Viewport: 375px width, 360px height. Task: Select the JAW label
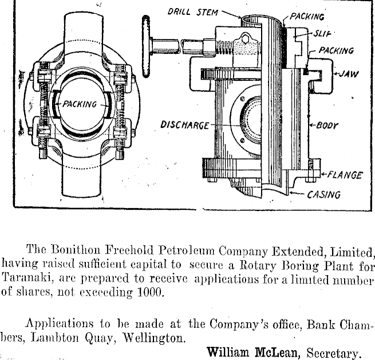346,74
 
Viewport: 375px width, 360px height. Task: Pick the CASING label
323,194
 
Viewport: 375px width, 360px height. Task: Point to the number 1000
151,294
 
